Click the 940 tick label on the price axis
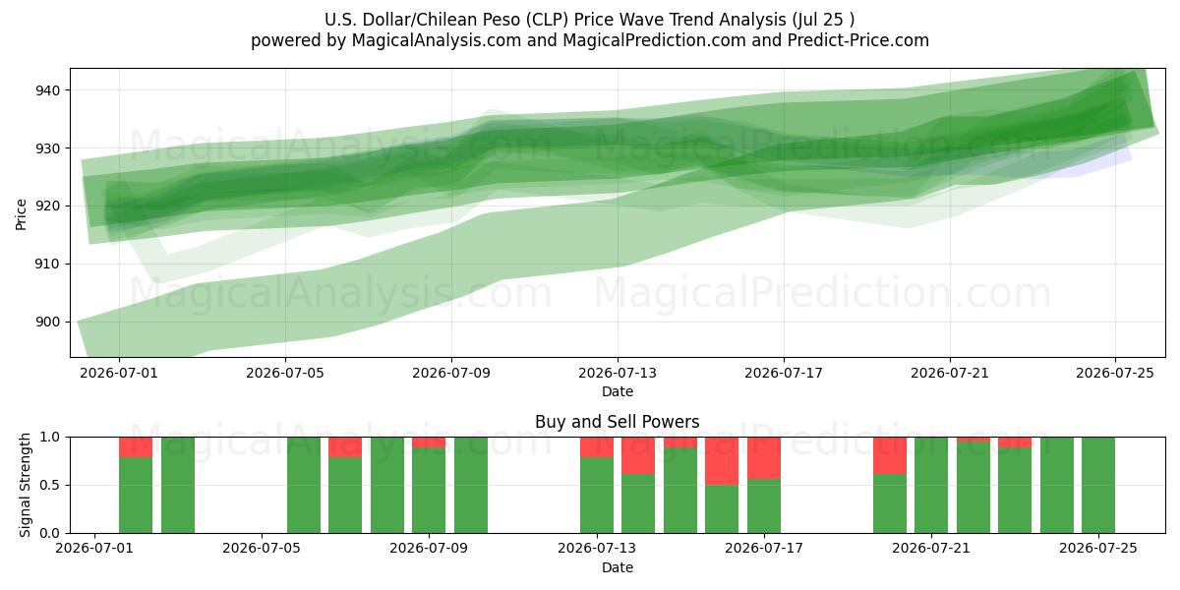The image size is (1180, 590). click(47, 90)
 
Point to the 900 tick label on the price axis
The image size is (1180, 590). click(47, 322)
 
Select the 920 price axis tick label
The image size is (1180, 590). click(47, 206)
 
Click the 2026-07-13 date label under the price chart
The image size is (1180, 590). click(618, 373)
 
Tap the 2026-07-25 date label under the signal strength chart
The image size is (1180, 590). click(1098, 548)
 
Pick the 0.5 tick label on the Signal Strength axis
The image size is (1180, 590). click(49, 485)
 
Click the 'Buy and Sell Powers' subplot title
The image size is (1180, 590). click(618, 422)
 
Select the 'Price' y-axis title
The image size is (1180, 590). click(21, 215)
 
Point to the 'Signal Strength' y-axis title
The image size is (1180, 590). click(25, 485)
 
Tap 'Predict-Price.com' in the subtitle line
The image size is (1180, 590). click(858, 40)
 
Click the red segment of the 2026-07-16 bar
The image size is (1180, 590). click(722, 461)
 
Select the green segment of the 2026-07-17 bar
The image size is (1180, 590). click(764, 505)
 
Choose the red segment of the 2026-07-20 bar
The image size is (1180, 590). click(890, 455)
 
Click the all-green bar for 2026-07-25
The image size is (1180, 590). click(1098, 485)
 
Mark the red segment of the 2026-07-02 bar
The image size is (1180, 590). click(136, 447)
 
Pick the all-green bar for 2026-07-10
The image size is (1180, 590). click(471, 485)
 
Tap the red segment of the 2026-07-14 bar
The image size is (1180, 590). click(638, 455)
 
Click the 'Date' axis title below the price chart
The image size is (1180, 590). click(618, 392)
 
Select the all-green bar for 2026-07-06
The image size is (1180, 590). click(304, 485)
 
